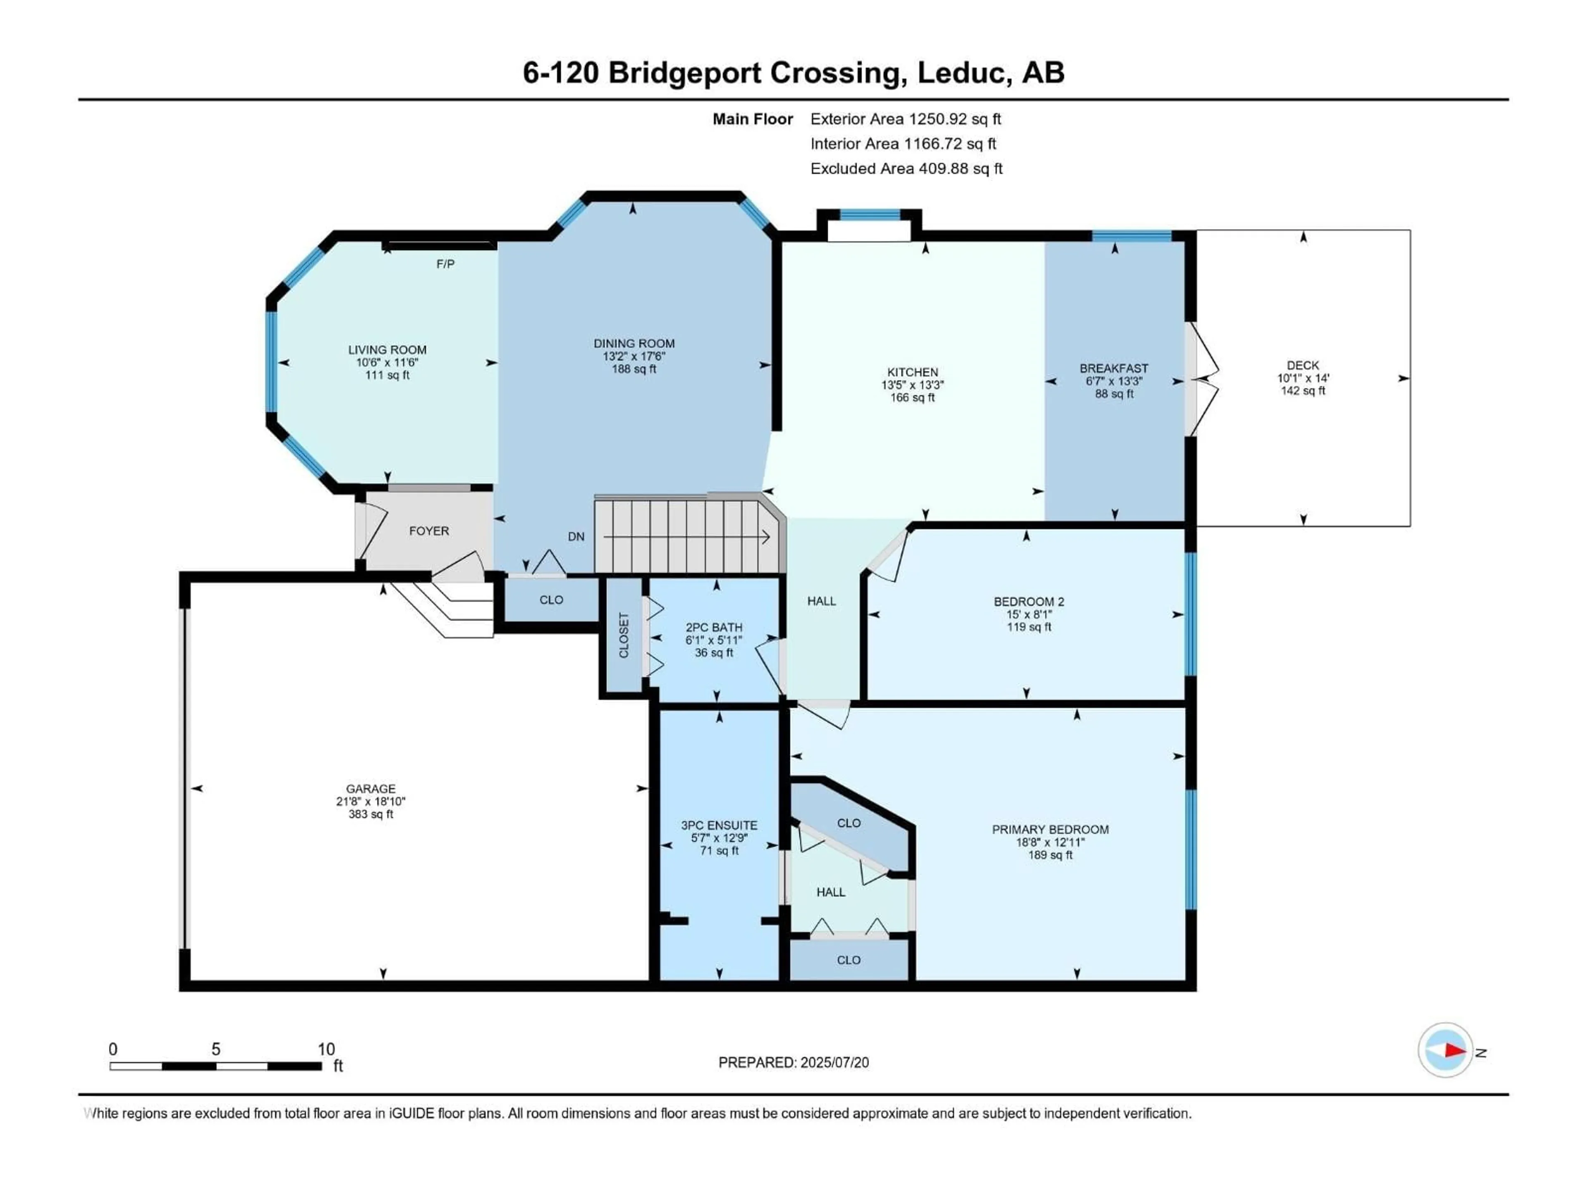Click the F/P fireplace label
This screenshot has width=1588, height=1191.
pos(445,264)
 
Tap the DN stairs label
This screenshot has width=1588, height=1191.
pos(576,536)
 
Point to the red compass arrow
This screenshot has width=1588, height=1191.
pos(1454,1050)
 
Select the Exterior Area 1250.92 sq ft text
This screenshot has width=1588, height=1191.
pos(905,119)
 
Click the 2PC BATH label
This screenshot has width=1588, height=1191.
pos(714,627)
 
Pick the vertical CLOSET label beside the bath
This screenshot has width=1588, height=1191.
pos(623,635)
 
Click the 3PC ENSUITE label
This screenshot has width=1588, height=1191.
pos(719,825)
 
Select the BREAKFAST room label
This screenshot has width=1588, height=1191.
pos(1114,368)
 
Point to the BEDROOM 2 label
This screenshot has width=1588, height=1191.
pos(1028,602)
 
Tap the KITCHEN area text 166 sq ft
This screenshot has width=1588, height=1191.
pos(912,398)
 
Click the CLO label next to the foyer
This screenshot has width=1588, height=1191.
pos(551,600)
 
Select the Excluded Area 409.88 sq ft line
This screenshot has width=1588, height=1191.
pos(906,169)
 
